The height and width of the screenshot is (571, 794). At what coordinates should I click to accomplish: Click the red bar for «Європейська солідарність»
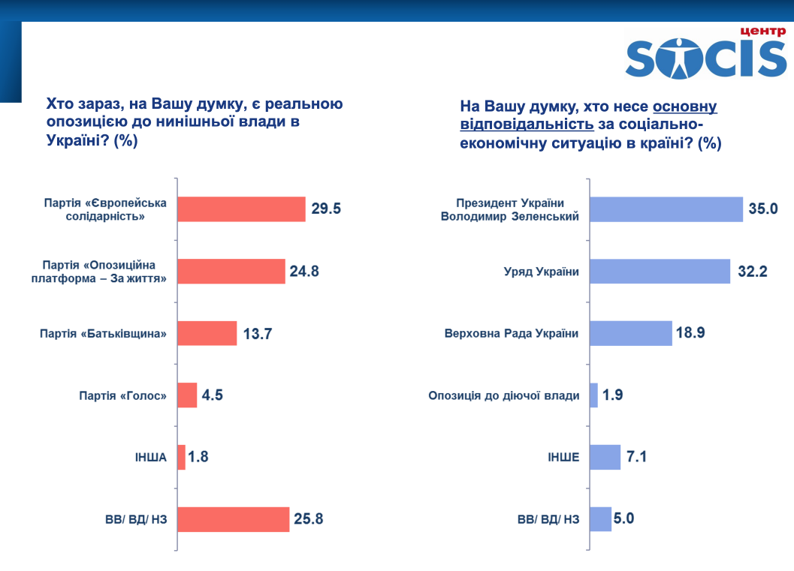click(x=241, y=209)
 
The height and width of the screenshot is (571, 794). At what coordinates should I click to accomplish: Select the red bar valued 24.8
click(x=231, y=271)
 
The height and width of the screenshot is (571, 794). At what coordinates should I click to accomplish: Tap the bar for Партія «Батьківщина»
click(x=207, y=333)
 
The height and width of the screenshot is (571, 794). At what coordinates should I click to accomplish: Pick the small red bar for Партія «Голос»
click(x=187, y=395)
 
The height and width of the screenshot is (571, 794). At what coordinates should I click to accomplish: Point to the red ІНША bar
click(x=181, y=457)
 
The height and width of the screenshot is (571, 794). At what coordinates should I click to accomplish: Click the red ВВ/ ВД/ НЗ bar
click(x=233, y=519)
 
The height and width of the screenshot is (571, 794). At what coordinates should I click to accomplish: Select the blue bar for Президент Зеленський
click(x=666, y=209)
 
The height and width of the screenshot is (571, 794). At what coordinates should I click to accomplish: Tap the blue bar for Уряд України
click(x=660, y=271)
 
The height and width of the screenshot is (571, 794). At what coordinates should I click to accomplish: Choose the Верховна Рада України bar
click(x=630, y=333)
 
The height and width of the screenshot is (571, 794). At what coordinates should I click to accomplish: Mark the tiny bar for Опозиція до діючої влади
click(x=593, y=395)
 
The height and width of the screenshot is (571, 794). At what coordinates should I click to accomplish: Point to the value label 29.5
click(x=326, y=209)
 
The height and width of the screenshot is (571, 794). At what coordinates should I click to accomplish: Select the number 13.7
click(x=257, y=333)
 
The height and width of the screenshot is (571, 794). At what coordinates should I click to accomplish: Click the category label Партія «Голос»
click(x=122, y=395)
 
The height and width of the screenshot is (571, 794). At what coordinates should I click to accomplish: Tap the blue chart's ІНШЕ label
click(x=564, y=457)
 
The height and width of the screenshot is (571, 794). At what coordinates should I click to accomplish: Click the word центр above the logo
click(x=762, y=31)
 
